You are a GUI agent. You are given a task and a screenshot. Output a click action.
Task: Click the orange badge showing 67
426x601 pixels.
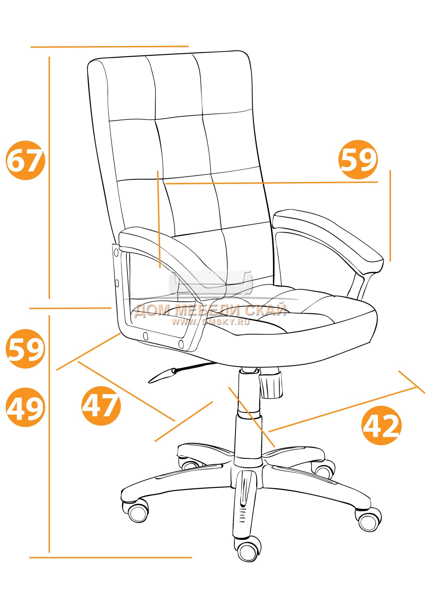pos(26,161)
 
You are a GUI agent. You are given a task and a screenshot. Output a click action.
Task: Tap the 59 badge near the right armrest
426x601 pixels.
pos(358,160)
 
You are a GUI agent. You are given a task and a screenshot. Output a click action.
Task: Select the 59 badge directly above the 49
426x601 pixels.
pos(26,348)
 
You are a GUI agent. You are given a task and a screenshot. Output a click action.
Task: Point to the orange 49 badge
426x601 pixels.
pos(26,407)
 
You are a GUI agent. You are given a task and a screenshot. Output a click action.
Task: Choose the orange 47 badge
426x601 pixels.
pos(101,406)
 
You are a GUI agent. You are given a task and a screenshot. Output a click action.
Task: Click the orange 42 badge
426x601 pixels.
pos(381,425)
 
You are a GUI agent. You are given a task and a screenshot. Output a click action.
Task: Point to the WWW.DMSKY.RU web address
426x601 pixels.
pos(211,322)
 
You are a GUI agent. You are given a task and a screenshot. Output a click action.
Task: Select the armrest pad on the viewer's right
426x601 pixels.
pos(328,240)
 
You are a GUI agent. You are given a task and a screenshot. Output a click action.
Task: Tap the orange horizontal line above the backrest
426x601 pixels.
pos(109,47)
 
